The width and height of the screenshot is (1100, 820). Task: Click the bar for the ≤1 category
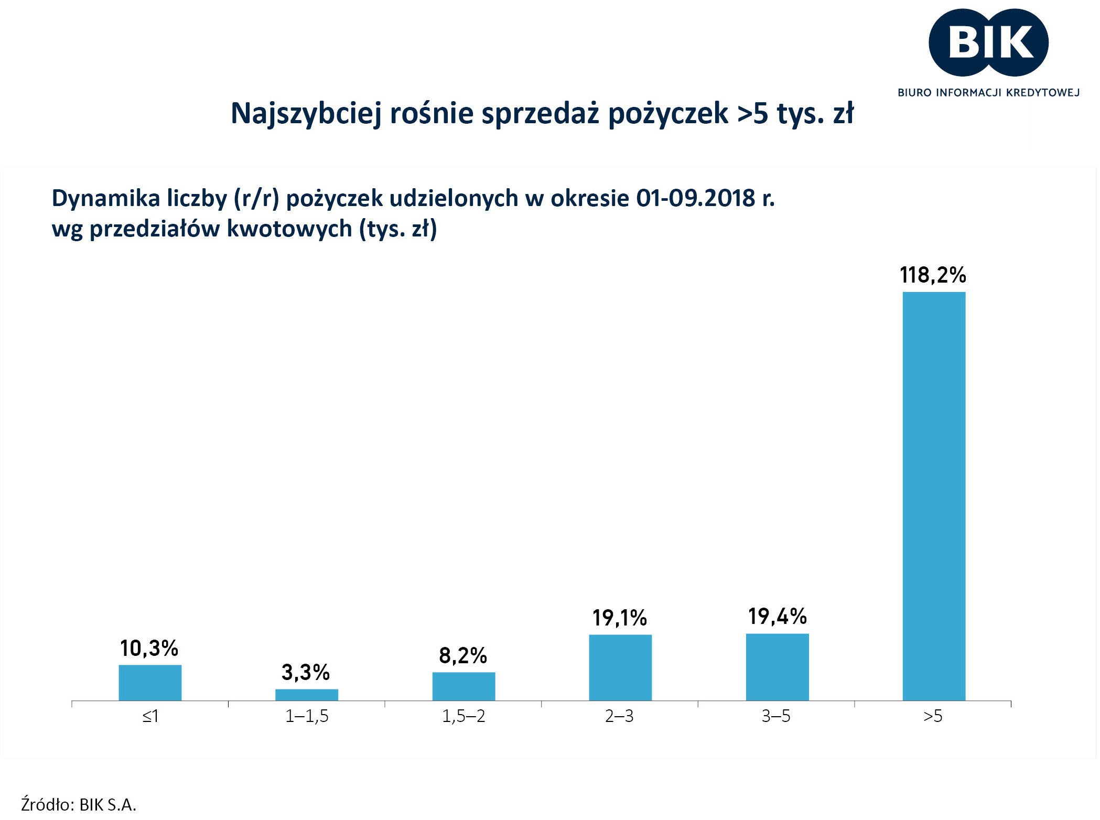(150, 682)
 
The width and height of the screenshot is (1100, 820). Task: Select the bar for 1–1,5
(307, 695)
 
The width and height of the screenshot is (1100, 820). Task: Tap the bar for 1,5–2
(463, 686)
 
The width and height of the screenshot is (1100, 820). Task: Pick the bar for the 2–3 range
(620, 667)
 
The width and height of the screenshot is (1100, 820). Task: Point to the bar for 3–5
(777, 666)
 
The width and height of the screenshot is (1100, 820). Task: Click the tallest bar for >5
(934, 495)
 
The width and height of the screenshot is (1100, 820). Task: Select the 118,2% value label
(933, 275)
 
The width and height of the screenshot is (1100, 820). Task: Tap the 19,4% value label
(777, 617)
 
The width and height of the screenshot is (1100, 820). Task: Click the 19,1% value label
(620, 618)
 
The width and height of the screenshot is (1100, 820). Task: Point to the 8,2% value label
(463, 655)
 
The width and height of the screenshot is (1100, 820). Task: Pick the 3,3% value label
(306, 672)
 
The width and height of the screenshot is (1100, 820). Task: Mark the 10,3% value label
(149, 649)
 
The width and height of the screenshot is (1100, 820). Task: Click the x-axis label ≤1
(150, 716)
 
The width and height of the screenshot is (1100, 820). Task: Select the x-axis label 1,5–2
(463, 716)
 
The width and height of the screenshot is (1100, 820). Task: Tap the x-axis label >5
(933, 716)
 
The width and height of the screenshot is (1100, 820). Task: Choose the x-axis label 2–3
(619, 716)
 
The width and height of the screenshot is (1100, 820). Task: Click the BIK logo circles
(988, 42)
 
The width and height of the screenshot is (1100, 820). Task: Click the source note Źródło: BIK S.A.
(79, 804)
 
